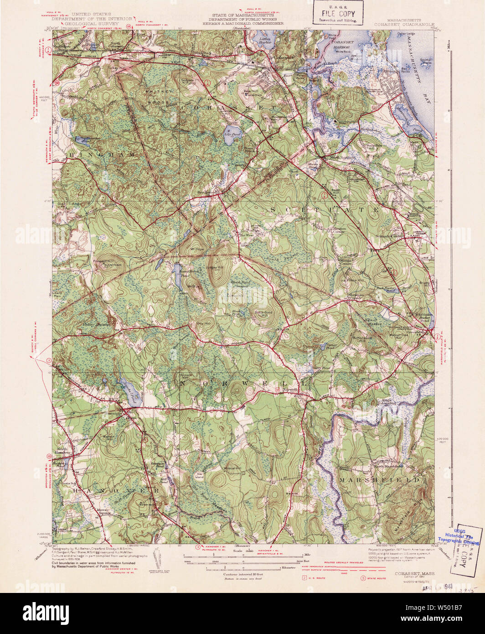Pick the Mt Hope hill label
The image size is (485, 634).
196,250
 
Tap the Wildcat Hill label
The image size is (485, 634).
232,469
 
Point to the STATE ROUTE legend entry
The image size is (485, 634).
375,578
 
